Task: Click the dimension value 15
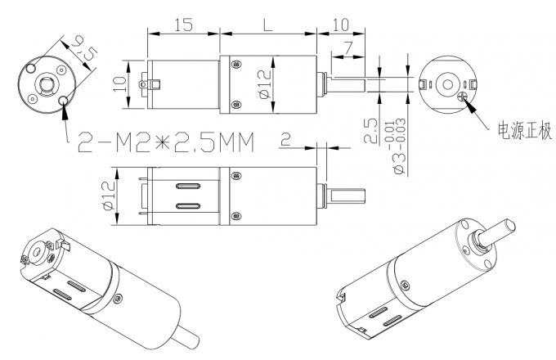[183, 25]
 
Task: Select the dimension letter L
[267, 25]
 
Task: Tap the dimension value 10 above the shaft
[340, 25]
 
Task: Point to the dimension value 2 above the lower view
[285, 140]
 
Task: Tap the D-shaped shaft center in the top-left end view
[45, 83]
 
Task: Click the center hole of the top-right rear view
[447, 84]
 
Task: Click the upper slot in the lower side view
[188, 187]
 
